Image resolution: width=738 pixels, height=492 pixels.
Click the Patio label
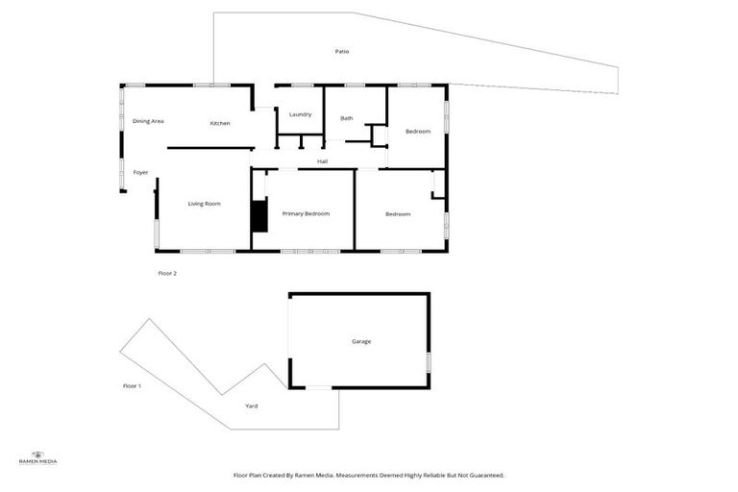(341, 51)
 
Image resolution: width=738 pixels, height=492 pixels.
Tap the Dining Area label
(148, 121)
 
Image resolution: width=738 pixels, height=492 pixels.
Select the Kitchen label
(220, 123)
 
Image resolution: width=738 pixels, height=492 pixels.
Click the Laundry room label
(300, 114)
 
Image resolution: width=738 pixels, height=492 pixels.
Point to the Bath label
(347, 118)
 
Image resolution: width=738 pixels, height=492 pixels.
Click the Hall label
(323, 161)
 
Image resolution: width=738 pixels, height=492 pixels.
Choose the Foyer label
(140, 173)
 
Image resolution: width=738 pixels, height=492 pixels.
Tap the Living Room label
(205, 204)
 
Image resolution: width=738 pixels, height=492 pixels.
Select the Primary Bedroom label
(306, 213)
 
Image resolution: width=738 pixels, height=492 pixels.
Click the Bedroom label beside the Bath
(417, 131)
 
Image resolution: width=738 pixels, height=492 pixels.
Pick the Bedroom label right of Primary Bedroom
(398, 213)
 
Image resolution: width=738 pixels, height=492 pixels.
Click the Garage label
(360, 341)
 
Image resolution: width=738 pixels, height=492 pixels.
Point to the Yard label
(251, 406)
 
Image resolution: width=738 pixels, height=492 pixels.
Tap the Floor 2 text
(167, 273)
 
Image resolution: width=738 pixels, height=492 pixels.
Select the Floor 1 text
(132, 385)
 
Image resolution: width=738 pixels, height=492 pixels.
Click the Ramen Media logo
(38, 457)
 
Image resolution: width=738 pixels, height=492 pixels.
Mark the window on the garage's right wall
(429, 361)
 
